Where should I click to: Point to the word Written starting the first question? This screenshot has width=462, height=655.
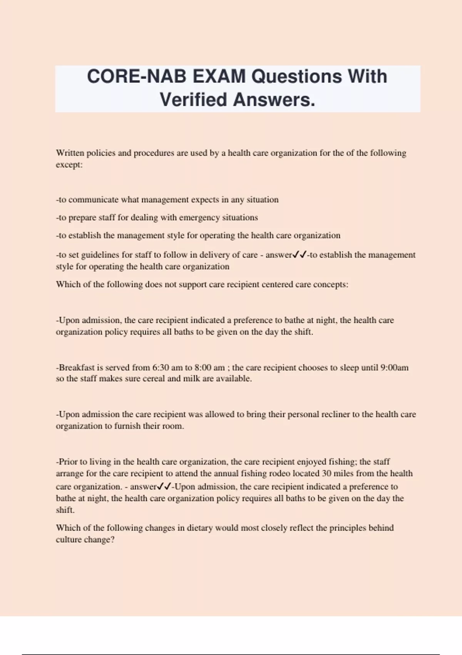pyautogui.click(x=70, y=153)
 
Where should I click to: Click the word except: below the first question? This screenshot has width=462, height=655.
pyautogui.click(x=69, y=165)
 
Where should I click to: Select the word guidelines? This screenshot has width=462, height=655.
pyautogui.click(x=101, y=255)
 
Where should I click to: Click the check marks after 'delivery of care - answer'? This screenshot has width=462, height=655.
pyautogui.click(x=300, y=255)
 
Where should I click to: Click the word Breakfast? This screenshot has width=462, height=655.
pyautogui.click(x=77, y=368)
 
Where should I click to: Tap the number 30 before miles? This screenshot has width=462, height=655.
pyautogui.click(x=326, y=474)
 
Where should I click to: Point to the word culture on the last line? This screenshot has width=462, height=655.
pyautogui.click(x=69, y=540)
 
